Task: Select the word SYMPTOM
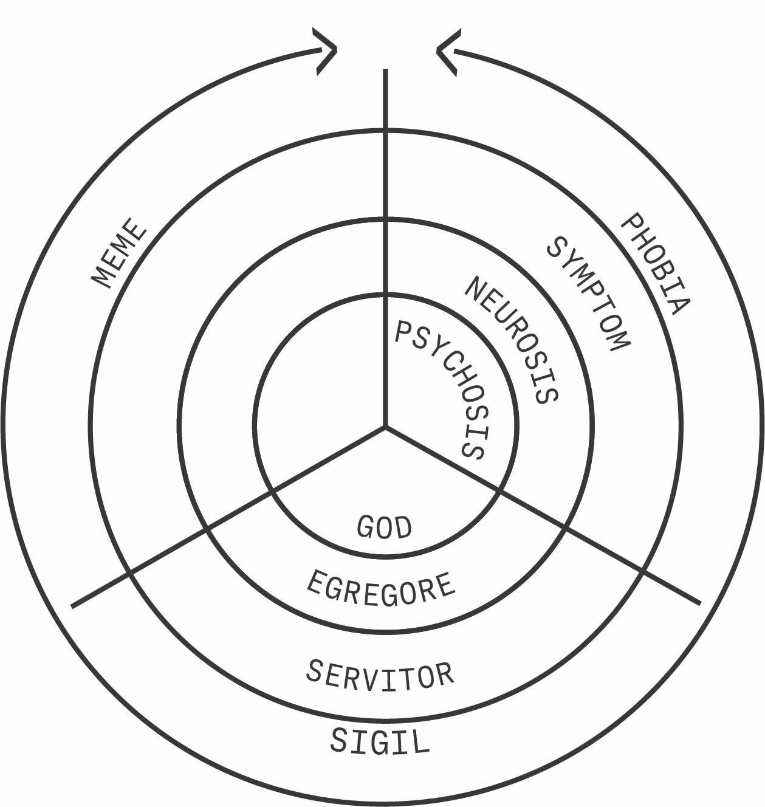click(x=588, y=293)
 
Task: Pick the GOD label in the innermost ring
click(x=384, y=527)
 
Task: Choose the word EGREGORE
click(x=381, y=588)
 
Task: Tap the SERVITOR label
click(x=380, y=674)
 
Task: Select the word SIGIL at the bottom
click(x=380, y=741)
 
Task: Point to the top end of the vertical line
click(x=385, y=70)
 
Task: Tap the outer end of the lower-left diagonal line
click(x=73, y=605)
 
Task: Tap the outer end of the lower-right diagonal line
click(x=700, y=603)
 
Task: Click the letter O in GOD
click(x=385, y=527)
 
